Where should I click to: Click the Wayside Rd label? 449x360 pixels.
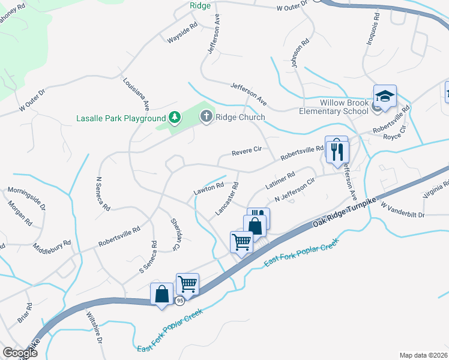coord(182,34)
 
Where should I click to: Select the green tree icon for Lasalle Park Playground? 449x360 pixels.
coord(175,116)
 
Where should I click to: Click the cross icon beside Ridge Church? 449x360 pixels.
coord(206,116)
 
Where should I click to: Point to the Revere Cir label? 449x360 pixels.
coord(247,152)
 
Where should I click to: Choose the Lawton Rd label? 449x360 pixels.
coord(208,188)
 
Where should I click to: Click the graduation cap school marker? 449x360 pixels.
coord(385,96)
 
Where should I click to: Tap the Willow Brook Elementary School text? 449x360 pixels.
coord(335,106)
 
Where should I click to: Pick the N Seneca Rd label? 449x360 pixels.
coord(103,193)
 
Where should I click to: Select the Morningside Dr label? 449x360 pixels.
coord(26,197)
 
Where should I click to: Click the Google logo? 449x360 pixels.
coord(20,353)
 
